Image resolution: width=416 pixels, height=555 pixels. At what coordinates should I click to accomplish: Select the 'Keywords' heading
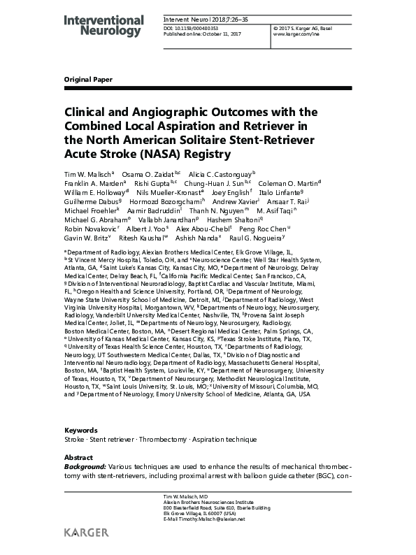(x=81, y=430)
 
